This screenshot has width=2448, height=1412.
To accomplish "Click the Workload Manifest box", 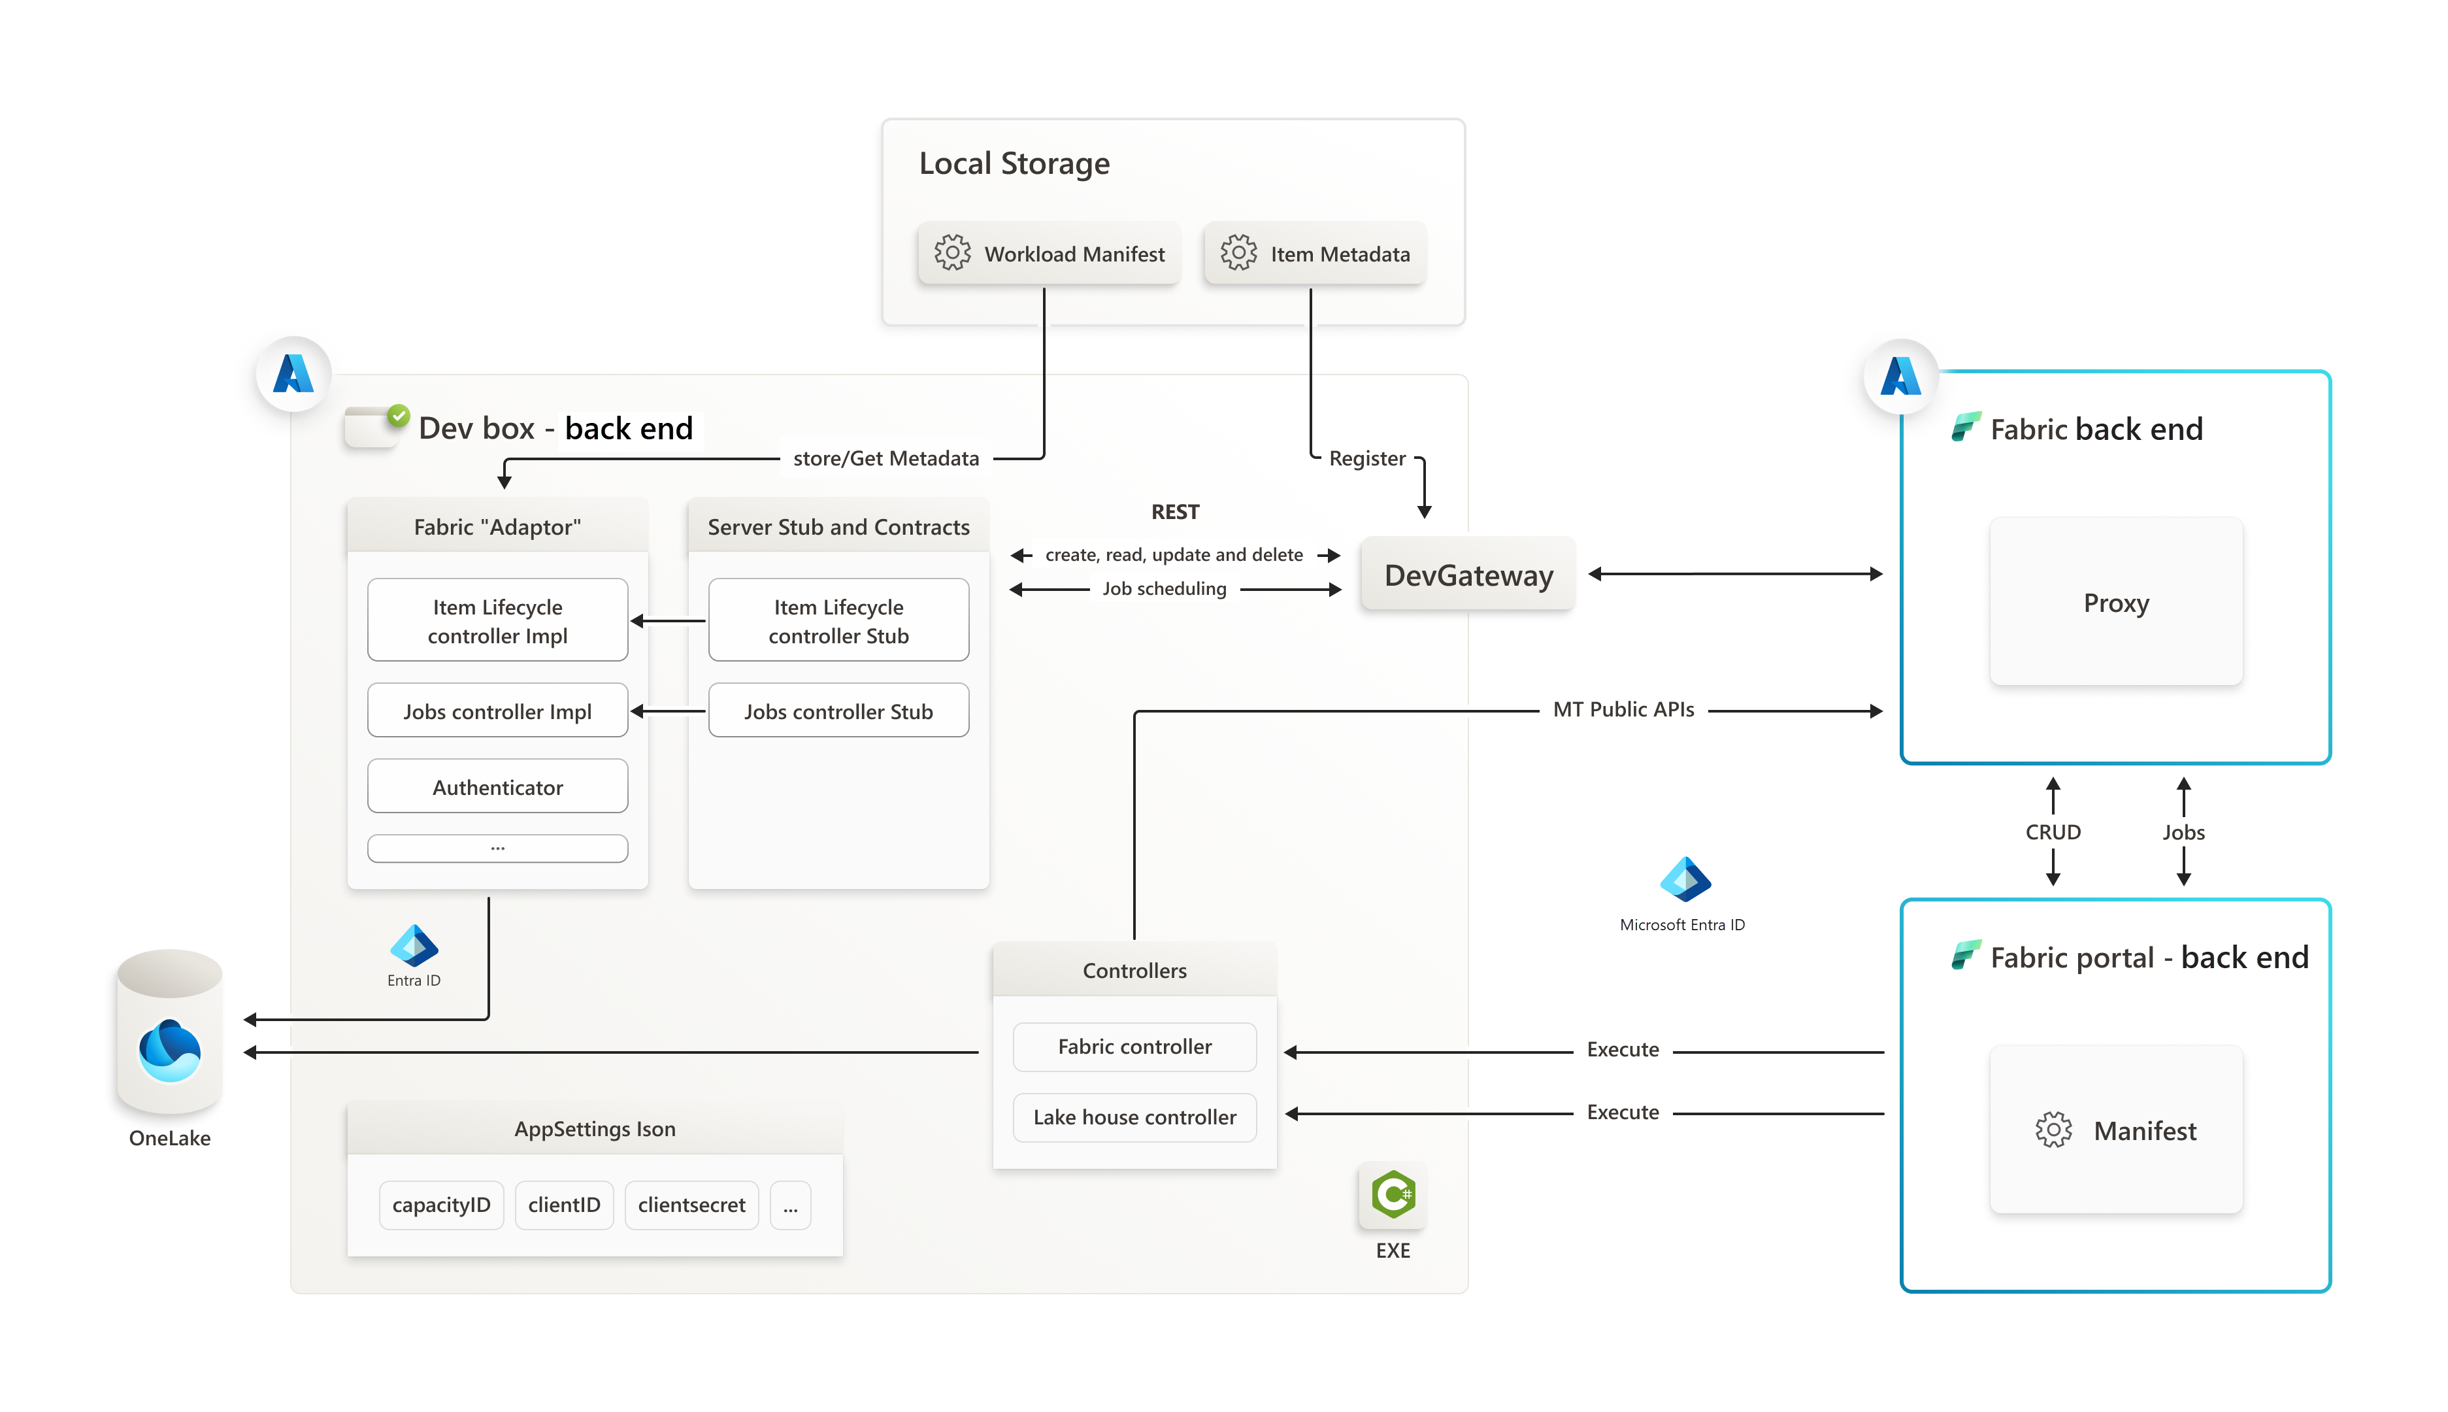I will [1048, 254].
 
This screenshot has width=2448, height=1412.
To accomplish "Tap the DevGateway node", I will [1468, 575].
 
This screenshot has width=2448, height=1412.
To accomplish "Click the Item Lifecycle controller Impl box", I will [497, 620].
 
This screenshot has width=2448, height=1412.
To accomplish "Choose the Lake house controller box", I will [1134, 1117].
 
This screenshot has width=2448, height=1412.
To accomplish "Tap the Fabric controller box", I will [1134, 1047].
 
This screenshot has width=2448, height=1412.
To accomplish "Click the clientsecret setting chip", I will [691, 1205].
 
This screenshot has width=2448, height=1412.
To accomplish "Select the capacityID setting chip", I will [441, 1205].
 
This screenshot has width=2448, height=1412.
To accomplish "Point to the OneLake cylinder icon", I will [170, 1033].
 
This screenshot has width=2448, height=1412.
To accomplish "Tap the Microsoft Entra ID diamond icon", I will [1685, 880].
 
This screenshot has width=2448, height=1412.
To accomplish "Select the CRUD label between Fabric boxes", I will [2053, 832].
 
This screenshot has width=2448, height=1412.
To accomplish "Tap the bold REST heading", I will [1175, 511].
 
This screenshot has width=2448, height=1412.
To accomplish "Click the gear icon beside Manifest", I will [2053, 1130].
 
